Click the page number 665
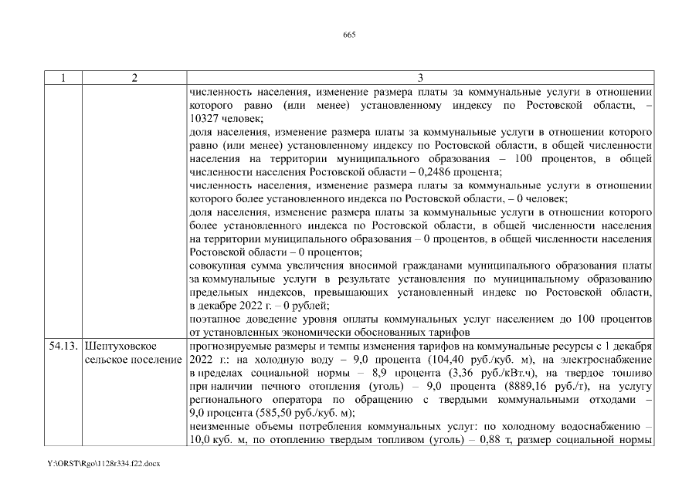pos(348,35)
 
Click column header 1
pos(61,78)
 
